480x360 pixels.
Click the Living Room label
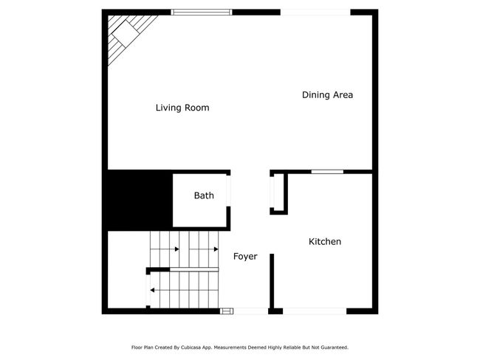pos(182,108)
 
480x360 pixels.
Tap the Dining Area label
pos(327,95)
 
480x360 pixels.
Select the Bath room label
pos(204,195)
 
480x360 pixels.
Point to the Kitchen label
pos(325,242)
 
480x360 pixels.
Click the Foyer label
pos(245,256)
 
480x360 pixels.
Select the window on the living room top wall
pos(202,13)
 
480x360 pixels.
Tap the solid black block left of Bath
pos(140,201)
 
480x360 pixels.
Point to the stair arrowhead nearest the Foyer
pos(216,249)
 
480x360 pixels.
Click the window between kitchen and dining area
pos(327,172)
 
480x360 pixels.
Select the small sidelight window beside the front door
pos(227,311)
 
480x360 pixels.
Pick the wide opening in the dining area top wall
pos(315,13)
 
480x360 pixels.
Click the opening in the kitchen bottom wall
pos(315,311)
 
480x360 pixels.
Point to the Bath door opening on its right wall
pos(228,191)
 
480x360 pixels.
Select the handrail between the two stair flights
pos(194,269)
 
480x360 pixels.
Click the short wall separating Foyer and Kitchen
pos(272,281)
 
